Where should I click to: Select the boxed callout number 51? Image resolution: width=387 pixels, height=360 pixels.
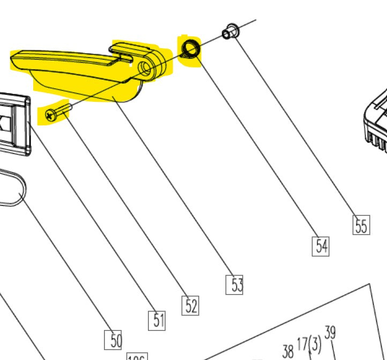click(x=157, y=320)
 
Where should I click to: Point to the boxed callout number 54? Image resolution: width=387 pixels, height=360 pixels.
click(x=321, y=246)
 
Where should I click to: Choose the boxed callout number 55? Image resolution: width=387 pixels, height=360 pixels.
click(x=361, y=226)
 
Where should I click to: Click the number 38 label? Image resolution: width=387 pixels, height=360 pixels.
click(x=288, y=351)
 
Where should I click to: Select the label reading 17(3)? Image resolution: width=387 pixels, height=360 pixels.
click(x=309, y=343)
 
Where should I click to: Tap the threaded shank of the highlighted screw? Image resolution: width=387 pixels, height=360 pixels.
click(x=64, y=109)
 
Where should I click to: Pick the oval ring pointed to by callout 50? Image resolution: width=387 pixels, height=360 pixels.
click(x=11, y=187)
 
